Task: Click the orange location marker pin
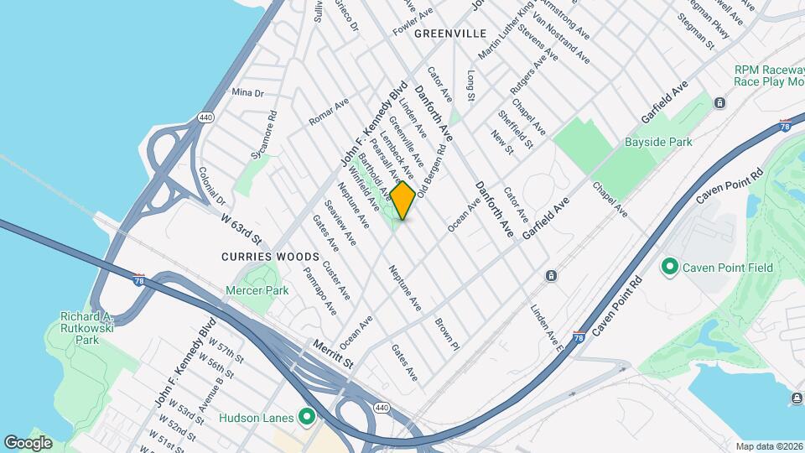click(x=403, y=200)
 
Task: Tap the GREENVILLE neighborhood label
click(x=450, y=34)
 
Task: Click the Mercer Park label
click(x=257, y=290)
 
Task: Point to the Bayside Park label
click(x=658, y=142)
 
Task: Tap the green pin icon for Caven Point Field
click(x=670, y=268)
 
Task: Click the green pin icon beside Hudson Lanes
click(x=307, y=417)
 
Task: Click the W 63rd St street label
click(x=242, y=226)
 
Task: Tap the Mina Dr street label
click(x=247, y=92)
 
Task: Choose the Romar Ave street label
click(x=328, y=112)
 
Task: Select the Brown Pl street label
click(x=447, y=333)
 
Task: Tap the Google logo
click(x=28, y=442)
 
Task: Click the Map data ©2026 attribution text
click(x=768, y=446)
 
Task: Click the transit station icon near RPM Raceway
click(x=719, y=103)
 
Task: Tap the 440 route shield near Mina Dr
click(x=205, y=118)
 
